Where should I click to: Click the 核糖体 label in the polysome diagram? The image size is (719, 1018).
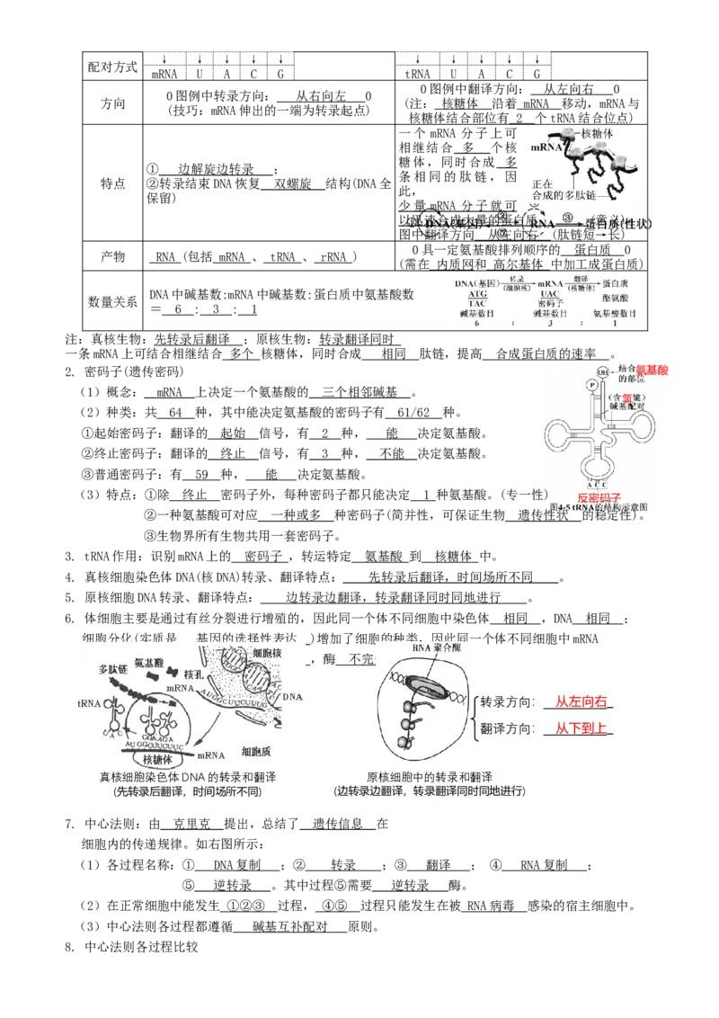coord(597,133)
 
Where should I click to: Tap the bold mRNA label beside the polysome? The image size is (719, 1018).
coord(546,146)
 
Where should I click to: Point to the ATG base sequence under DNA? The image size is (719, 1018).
coord(477,293)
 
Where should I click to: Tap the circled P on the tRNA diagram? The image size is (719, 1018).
coord(591,385)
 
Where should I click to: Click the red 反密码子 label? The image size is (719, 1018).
coord(600,497)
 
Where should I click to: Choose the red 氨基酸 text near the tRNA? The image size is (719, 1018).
coord(652,370)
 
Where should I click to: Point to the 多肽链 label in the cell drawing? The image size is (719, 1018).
coord(115,670)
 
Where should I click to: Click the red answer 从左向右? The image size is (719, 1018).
coord(582,702)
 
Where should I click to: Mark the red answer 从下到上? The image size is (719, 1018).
coord(582,728)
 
